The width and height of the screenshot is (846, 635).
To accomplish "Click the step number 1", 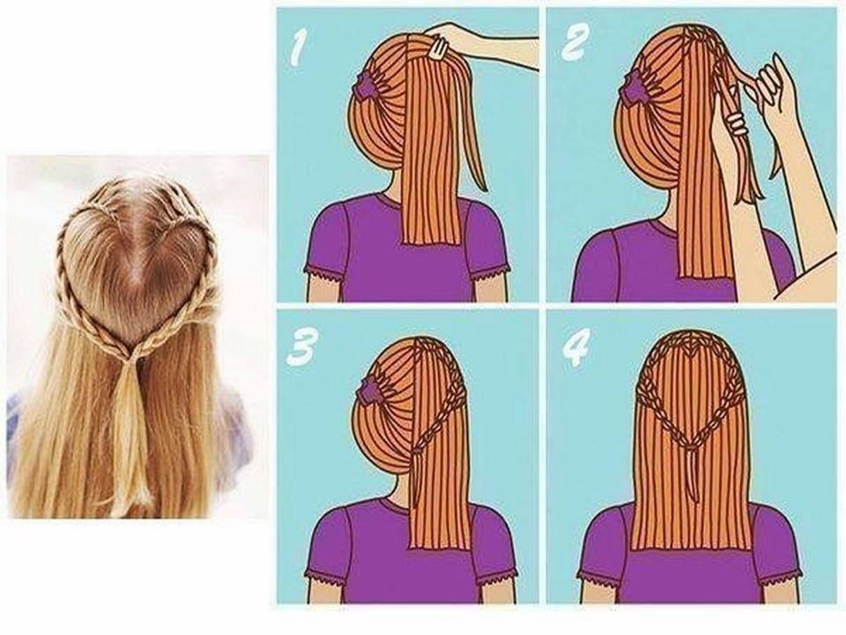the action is pos(297,48).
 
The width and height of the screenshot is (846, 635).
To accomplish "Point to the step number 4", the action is pos(575,347).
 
